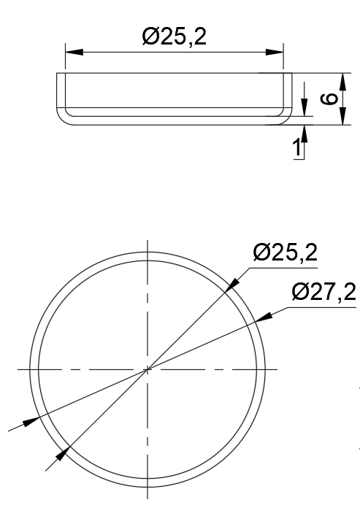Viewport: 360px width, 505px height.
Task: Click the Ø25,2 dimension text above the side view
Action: [175, 36]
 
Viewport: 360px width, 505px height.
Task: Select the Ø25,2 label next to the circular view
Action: [285, 253]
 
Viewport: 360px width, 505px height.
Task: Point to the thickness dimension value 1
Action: [296, 148]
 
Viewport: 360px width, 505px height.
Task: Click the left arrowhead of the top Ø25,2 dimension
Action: [74, 51]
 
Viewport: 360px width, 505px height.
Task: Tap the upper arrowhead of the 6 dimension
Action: [341, 80]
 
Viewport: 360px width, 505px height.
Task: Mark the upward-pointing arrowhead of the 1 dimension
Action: [305, 132]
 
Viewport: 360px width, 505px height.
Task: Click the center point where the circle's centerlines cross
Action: [148, 370]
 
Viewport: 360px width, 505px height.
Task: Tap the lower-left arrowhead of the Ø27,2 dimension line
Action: [31, 421]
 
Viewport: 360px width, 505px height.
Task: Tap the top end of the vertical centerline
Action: [148, 241]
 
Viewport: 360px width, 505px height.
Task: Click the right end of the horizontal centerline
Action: [277, 370]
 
